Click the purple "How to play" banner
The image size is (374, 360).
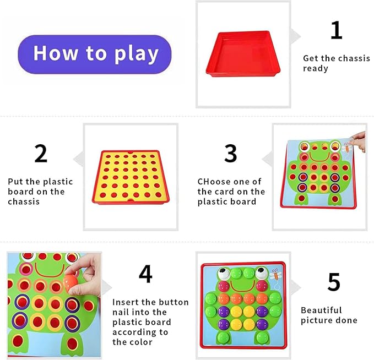95,54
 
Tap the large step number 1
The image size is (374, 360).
336,30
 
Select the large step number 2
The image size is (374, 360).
41,154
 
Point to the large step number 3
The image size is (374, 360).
231,154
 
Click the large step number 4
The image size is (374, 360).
145,274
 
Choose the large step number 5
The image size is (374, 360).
334,282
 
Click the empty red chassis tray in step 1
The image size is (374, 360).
243,53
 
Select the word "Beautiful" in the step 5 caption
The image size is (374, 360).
321,310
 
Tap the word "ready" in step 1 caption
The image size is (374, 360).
316,68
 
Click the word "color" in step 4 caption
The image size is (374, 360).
140,342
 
